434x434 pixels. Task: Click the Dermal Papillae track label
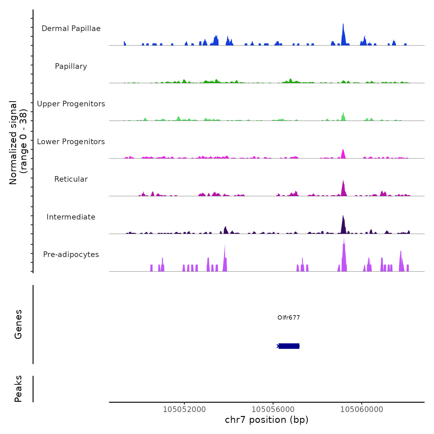click(x=71, y=29)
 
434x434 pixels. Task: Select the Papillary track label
click(x=71, y=66)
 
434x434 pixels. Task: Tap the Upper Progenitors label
click(x=71, y=104)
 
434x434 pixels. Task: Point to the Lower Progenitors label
click(x=71, y=142)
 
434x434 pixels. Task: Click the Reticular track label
click(x=71, y=179)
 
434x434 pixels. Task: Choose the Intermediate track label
click(x=71, y=217)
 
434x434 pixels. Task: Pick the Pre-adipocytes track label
click(x=71, y=255)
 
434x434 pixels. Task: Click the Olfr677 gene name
click(x=289, y=318)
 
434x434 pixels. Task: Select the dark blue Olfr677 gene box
click(x=289, y=346)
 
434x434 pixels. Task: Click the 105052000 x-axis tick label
click(x=184, y=410)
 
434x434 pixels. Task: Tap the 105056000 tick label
click(x=273, y=410)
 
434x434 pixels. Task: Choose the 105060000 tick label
click(x=361, y=410)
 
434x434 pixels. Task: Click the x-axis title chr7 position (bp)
click(x=267, y=420)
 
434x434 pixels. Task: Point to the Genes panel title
click(x=18, y=324)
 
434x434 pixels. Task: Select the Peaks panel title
click(x=18, y=389)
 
